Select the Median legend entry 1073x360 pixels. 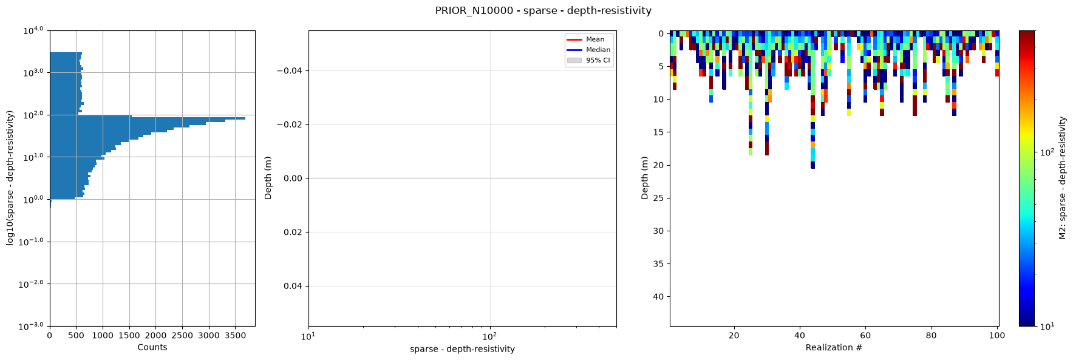click(588, 50)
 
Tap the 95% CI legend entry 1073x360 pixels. click(588, 60)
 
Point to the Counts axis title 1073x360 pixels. click(152, 347)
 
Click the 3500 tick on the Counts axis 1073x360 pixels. click(235, 335)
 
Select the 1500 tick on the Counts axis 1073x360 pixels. click(129, 335)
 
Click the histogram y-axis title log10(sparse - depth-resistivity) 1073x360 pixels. click(10, 178)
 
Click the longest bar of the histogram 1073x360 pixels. click(148, 118)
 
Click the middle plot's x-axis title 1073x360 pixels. click(462, 349)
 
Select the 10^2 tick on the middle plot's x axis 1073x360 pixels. click(489, 335)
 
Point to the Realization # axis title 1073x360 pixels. click(834, 347)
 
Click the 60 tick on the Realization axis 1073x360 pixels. click(865, 335)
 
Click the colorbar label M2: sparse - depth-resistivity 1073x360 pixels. click(1063, 178)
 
